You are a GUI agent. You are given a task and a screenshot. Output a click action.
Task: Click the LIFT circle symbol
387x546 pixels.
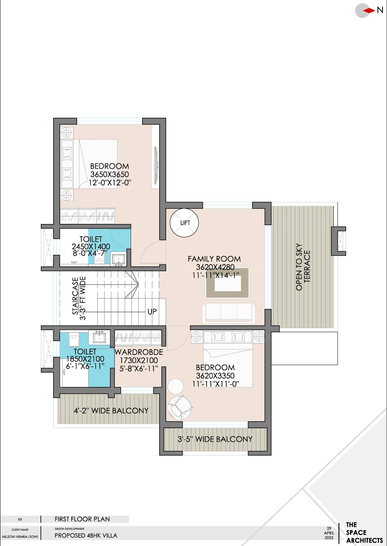click(x=184, y=223)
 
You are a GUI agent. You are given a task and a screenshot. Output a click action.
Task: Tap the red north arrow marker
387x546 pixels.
click(x=369, y=11)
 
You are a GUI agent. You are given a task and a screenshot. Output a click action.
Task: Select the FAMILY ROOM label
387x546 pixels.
click(x=214, y=259)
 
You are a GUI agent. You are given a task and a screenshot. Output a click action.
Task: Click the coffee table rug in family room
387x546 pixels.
click(x=227, y=282)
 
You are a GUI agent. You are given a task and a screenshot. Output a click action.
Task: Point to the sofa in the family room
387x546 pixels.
click(x=228, y=312)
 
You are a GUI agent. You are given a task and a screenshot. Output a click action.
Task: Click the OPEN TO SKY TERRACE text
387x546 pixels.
click(x=303, y=267)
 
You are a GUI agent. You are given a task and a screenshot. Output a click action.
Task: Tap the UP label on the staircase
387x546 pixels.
click(x=152, y=312)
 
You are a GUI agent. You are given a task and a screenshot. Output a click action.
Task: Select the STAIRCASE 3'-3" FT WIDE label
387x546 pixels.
click(x=79, y=298)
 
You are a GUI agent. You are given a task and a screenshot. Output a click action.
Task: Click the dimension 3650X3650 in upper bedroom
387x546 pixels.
click(x=109, y=175)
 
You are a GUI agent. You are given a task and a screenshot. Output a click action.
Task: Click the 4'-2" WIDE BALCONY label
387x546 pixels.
click(x=111, y=411)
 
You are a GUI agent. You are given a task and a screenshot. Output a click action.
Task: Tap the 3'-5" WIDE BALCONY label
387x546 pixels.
click(x=215, y=439)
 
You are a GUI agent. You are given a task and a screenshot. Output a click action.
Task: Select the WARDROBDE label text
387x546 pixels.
click(x=139, y=352)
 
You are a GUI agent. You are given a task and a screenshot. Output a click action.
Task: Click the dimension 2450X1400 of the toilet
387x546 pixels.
click(x=91, y=246)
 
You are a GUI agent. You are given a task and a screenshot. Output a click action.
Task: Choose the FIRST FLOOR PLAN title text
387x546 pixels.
click(x=82, y=519)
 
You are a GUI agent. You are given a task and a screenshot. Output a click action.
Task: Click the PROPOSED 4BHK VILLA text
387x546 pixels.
click(x=86, y=536)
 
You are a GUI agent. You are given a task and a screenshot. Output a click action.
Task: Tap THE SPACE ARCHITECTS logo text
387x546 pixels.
click(x=364, y=532)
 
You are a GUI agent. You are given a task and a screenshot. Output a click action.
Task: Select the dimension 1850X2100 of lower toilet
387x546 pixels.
click(x=85, y=359)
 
